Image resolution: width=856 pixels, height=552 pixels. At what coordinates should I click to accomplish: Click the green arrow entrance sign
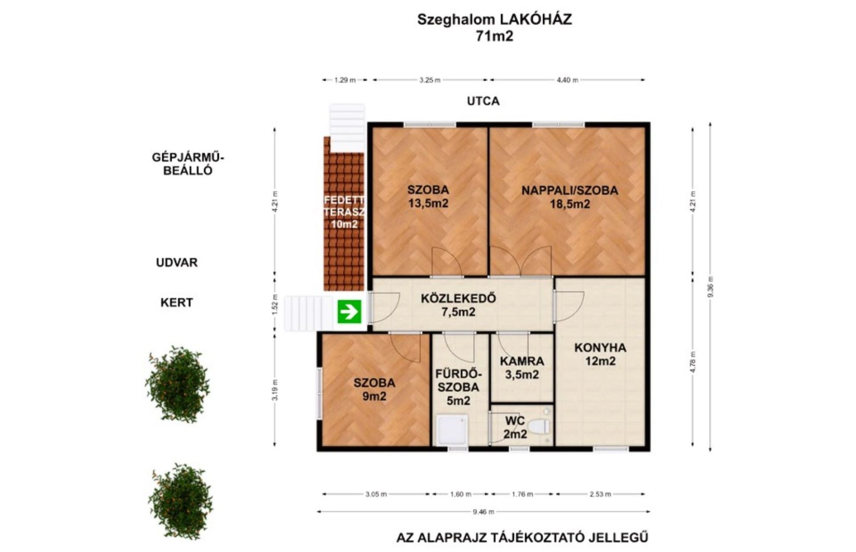tap(349, 310)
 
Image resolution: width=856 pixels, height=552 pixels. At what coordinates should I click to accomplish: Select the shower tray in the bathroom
tap(452, 430)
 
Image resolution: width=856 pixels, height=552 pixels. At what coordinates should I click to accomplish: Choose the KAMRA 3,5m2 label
tap(522, 368)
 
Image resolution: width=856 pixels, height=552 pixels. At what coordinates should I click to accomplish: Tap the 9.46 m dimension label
tap(483, 512)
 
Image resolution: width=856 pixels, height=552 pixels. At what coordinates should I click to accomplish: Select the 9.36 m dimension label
tap(711, 286)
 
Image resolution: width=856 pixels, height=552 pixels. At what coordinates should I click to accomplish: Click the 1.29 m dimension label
tap(345, 80)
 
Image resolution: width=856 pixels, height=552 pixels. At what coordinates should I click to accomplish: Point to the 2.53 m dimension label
tap(600, 494)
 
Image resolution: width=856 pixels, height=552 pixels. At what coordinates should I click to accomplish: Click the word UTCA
tap(483, 101)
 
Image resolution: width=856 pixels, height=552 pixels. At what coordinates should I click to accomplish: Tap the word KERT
tap(177, 302)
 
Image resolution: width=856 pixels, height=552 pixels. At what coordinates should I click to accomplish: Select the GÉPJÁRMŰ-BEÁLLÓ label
tap(188, 163)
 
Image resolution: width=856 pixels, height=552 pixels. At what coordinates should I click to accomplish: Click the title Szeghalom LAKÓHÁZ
tap(494, 19)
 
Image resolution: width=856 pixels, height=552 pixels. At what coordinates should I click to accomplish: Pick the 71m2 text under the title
tap(494, 36)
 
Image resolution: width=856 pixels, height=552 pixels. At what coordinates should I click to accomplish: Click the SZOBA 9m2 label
tap(374, 389)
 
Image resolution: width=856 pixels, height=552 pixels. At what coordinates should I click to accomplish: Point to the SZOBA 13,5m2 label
tap(428, 196)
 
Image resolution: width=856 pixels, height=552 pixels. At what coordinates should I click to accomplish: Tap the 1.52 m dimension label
tap(275, 307)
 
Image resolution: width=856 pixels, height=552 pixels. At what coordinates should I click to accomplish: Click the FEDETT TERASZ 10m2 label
tap(344, 212)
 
